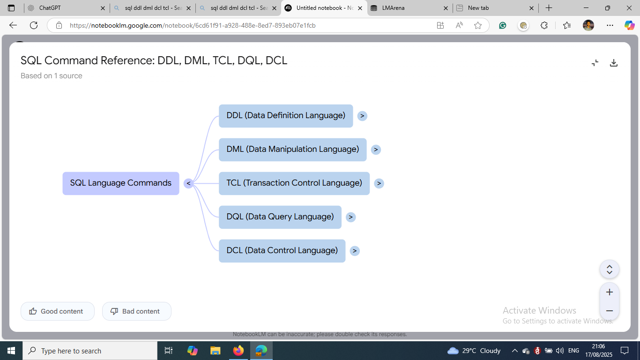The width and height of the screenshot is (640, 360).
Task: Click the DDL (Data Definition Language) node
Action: point(286,116)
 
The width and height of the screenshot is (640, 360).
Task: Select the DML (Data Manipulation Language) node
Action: point(292,150)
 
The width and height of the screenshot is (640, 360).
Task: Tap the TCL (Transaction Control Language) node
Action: point(294,183)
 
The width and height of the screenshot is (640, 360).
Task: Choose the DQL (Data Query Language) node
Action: point(280,217)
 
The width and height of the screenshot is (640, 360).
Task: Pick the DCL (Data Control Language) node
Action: point(282,251)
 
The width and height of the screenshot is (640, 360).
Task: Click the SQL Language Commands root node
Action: point(121,183)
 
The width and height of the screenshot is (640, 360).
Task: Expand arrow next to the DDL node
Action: point(362,116)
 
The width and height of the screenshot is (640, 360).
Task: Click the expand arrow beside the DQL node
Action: point(350,217)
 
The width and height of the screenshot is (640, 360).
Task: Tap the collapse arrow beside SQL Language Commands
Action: point(188,183)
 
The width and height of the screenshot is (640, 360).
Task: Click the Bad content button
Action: point(136,311)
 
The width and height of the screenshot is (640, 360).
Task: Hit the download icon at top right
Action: point(613,63)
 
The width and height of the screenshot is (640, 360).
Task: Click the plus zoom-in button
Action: point(610,292)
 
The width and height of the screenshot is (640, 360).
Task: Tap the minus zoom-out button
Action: point(610,311)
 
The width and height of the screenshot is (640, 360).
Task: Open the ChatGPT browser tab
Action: point(66,8)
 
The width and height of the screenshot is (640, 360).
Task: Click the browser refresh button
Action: point(34,25)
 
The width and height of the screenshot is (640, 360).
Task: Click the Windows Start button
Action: point(11,351)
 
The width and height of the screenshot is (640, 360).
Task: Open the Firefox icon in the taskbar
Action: point(238,351)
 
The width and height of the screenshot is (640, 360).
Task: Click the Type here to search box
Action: point(90,351)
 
